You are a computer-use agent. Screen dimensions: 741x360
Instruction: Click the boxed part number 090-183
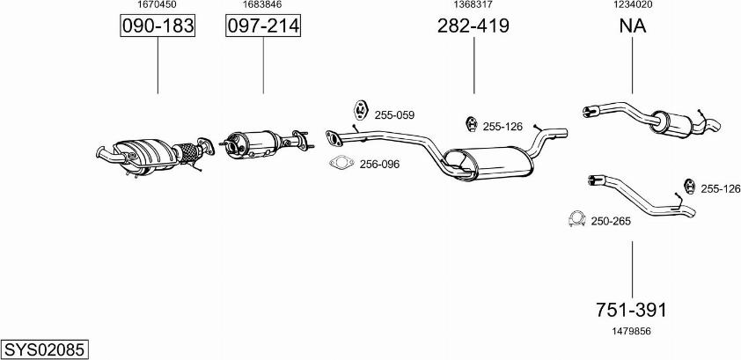(x=158, y=26)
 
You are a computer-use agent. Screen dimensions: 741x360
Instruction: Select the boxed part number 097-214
(x=263, y=26)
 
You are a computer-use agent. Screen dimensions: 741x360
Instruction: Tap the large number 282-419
(x=473, y=26)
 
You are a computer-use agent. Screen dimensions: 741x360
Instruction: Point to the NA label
(x=632, y=26)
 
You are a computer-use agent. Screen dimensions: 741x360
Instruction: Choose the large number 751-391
(x=632, y=310)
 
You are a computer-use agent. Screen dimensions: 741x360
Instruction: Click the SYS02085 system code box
(x=44, y=350)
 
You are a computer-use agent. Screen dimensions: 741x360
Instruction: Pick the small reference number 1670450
(x=157, y=4)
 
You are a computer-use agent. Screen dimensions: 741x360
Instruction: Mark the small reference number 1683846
(x=262, y=4)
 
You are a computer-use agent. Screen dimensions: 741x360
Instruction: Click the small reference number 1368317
(x=473, y=4)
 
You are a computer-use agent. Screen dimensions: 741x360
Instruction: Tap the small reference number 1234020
(x=632, y=4)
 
